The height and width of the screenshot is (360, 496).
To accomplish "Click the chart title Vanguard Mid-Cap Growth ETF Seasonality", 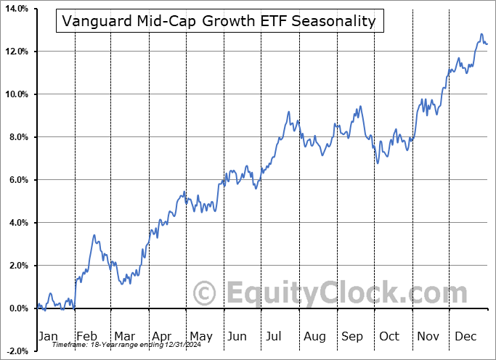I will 219,21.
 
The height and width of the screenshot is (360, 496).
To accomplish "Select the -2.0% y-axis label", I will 15,351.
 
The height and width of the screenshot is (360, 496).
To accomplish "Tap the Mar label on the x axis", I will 124,336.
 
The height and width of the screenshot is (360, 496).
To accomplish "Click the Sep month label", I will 352,336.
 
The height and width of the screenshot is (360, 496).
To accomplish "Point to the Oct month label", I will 389,336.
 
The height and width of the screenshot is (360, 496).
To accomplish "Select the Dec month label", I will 465,336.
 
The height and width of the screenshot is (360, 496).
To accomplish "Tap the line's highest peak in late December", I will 481,34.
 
